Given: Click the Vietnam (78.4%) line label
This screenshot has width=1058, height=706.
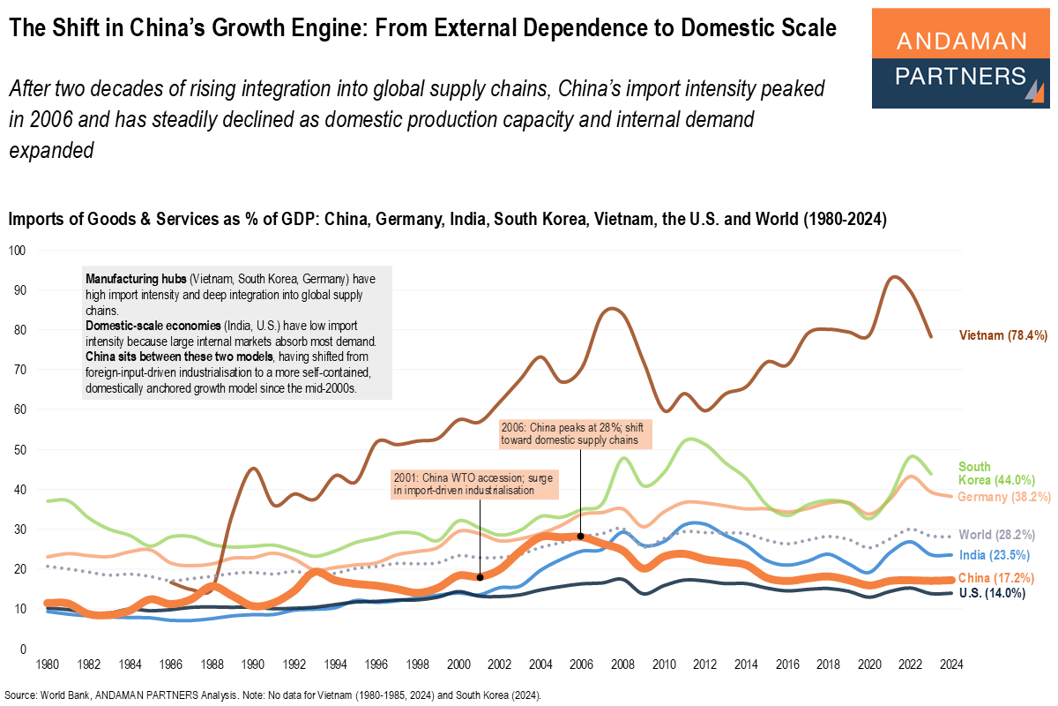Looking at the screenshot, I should [1002, 335].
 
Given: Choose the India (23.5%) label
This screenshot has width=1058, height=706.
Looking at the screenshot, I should [996, 555].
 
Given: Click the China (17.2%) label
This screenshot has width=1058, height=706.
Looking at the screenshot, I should [999, 577].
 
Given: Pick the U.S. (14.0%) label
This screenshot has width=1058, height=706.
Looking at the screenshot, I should [993, 594].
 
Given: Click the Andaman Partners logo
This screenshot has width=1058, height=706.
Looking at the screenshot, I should [959, 58].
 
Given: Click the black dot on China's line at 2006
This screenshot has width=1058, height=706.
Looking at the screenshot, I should [580, 537].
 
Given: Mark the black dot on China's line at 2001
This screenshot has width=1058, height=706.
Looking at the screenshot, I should [480, 577].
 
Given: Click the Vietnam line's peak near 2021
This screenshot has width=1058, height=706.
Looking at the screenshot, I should [894, 277].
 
